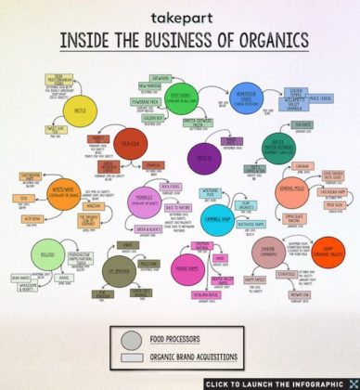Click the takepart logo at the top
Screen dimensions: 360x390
pos(177,18)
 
